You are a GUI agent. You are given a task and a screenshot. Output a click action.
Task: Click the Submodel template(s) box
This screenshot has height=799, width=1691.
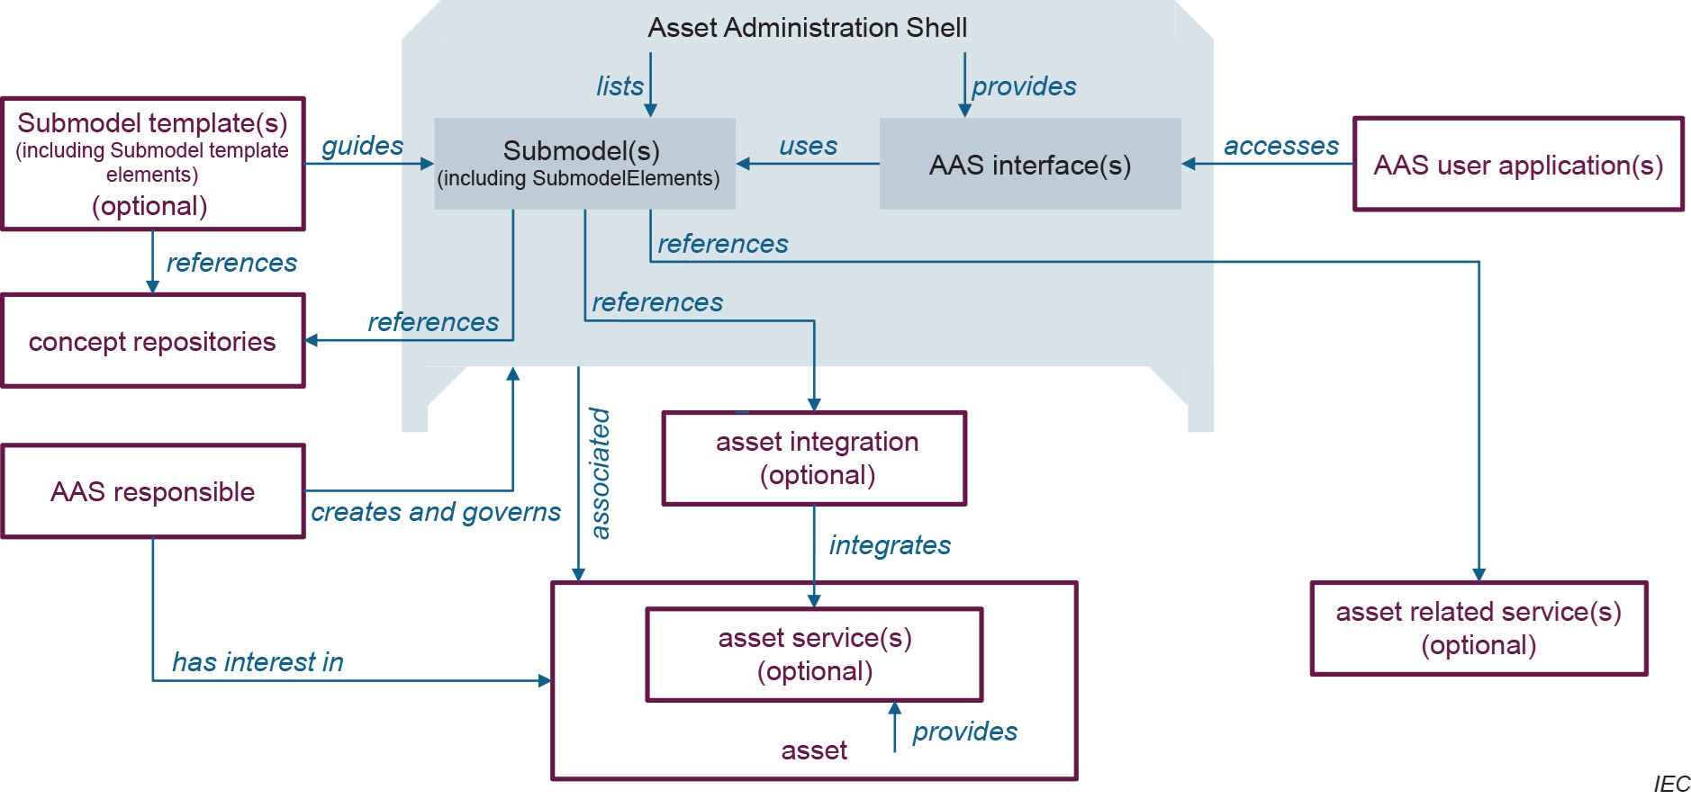point(153,164)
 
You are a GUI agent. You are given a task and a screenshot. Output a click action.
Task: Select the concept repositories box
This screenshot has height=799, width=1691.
point(153,341)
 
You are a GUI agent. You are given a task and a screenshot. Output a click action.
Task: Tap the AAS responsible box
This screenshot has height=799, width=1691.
point(153,491)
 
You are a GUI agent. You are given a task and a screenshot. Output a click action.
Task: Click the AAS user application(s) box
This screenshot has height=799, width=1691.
point(1518,165)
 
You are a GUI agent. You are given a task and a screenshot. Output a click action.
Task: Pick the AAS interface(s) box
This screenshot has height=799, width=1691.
point(1030,165)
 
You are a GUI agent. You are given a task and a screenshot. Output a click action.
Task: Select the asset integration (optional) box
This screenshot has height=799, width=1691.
point(815,459)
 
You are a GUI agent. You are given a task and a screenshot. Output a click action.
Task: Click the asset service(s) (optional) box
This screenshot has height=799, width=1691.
point(815,654)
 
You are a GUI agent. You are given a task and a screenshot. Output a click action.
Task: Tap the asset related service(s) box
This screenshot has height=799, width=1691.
point(1478,628)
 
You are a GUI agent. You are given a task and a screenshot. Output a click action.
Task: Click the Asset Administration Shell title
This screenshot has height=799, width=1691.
point(808,28)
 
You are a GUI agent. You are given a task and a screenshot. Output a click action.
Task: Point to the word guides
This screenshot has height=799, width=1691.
point(362,146)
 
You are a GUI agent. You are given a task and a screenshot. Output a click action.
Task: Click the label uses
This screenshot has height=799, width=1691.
point(808,146)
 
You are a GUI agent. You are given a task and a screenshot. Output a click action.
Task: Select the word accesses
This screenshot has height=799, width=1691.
point(1280,146)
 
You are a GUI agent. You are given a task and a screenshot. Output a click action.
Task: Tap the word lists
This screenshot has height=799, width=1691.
point(619,86)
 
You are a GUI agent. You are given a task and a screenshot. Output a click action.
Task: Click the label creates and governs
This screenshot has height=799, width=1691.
point(436,512)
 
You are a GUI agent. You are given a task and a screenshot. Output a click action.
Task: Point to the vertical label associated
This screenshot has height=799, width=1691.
point(600,473)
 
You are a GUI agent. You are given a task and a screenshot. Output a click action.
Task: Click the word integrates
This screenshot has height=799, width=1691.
point(890,545)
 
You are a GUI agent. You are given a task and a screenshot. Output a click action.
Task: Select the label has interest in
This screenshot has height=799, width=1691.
point(258,662)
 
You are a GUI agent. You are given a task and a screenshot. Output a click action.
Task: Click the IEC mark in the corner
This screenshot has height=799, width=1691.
point(1671,784)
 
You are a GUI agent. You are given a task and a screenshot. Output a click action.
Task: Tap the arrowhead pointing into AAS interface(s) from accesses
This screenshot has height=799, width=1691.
point(1189,164)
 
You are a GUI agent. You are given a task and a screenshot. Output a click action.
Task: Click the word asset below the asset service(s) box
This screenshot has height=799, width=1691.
point(814,750)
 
